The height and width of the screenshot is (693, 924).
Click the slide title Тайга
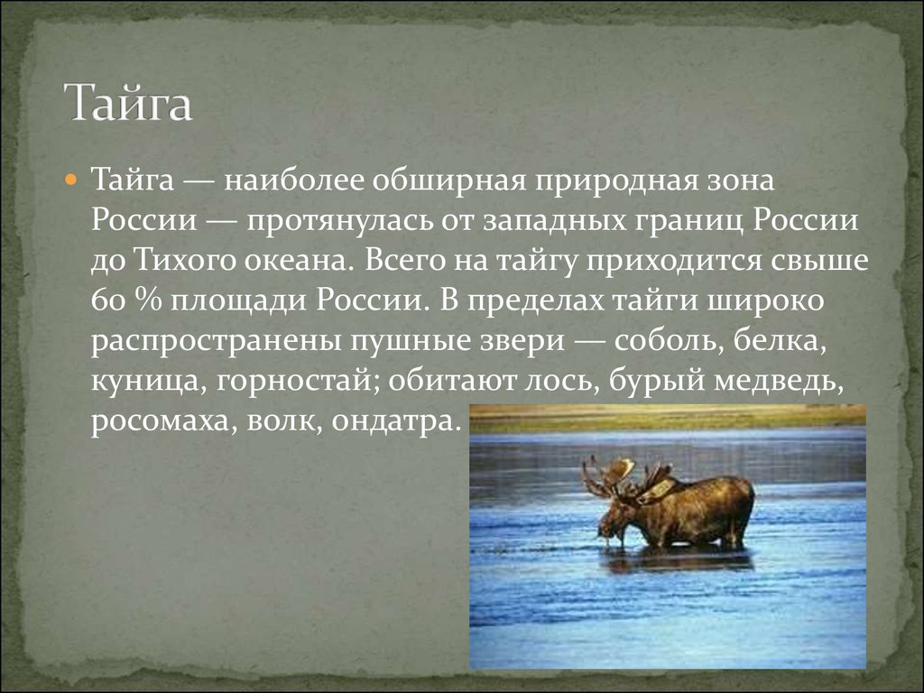127,103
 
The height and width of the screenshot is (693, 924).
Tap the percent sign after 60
143,300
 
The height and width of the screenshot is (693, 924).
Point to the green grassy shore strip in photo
668,416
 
